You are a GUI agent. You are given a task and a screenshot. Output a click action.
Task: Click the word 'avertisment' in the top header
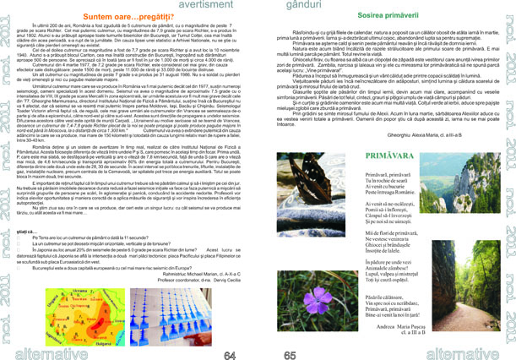click(x=198, y=5)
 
